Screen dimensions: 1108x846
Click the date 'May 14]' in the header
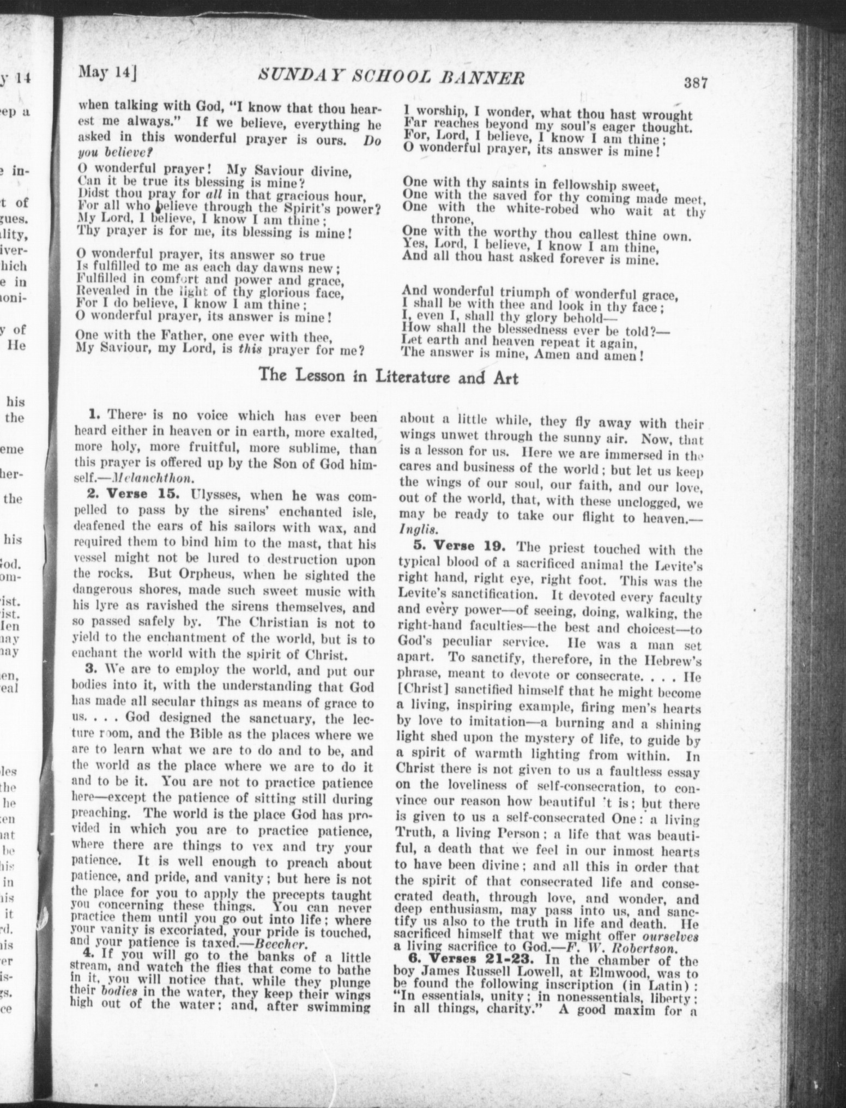click(x=107, y=71)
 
